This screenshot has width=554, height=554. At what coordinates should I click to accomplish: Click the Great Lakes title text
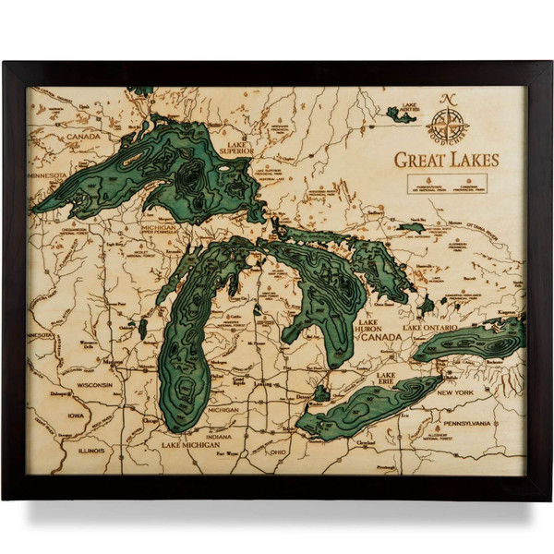pos(446,160)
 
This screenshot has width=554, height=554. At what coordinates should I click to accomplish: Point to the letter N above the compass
pos(448,101)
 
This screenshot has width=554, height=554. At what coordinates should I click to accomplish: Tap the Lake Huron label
pos(375,327)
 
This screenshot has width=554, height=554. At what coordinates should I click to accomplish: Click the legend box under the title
pos(446,184)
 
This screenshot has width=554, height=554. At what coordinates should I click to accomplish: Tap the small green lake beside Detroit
pos(320,393)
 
